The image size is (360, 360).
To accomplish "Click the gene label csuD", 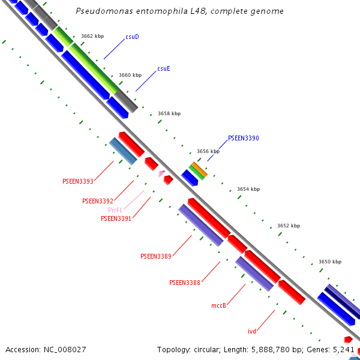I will [x=132, y=37].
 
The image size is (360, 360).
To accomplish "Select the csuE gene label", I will [x=163, y=69].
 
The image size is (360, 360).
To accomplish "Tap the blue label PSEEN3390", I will [x=243, y=139].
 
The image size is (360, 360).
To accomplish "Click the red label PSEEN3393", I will [x=78, y=181].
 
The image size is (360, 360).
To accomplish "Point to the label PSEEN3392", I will [x=98, y=202].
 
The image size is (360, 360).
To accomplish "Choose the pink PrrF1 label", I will [x=115, y=211].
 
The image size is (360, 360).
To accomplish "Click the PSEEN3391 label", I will [x=116, y=219].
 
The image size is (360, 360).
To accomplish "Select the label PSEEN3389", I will [x=156, y=257].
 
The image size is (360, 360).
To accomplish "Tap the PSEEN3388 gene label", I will [x=185, y=283].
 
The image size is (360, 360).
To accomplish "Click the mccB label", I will [x=218, y=306].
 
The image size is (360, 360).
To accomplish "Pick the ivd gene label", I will [x=252, y=331].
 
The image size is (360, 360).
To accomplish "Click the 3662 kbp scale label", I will [x=92, y=37].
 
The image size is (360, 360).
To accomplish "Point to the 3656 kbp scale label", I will [x=208, y=152].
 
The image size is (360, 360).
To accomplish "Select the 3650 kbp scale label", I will [x=329, y=262].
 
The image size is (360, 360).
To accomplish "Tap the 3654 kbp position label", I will [x=248, y=190].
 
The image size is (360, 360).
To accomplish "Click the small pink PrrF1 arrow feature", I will [x=161, y=174].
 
